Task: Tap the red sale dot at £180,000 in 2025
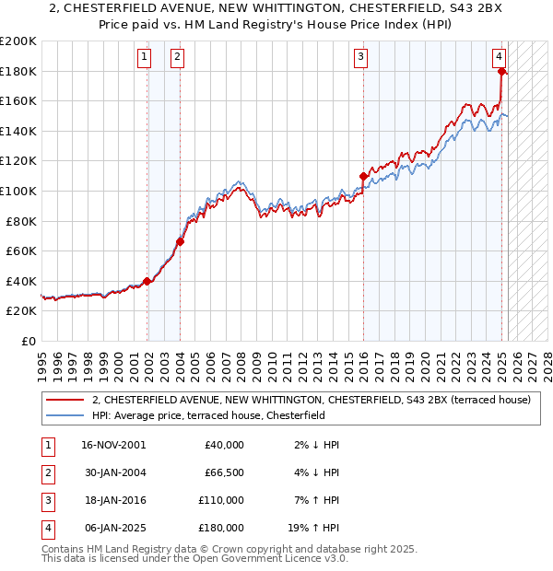click(x=501, y=71)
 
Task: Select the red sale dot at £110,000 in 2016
click(x=364, y=176)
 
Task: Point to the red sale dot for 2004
click(x=180, y=242)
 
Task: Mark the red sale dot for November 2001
click(x=147, y=282)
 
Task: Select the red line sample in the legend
click(x=64, y=401)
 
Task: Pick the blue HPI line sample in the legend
click(x=64, y=415)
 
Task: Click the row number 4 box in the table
click(x=47, y=528)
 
